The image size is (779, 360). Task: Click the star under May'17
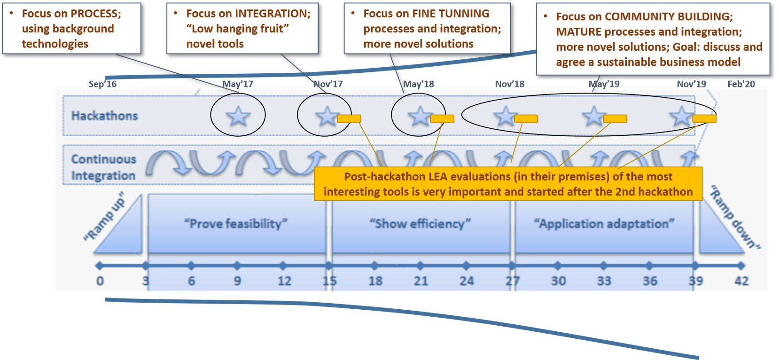[x=238, y=116]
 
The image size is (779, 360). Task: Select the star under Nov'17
[x=327, y=116]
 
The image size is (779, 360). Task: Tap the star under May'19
[x=594, y=116]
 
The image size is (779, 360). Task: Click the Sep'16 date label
[x=103, y=84]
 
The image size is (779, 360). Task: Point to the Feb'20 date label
[x=741, y=84]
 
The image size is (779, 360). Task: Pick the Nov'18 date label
[x=510, y=84]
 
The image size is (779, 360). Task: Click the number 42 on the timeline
[x=741, y=281]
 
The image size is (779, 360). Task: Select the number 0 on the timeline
[x=100, y=281]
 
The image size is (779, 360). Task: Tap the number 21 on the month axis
[x=421, y=281]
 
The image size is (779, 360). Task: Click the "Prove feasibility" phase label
[x=235, y=223]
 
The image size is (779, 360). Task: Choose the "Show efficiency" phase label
[x=420, y=223]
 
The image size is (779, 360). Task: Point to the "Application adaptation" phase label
[x=604, y=223]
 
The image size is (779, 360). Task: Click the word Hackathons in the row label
[x=105, y=116]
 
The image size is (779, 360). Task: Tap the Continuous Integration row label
[x=103, y=167]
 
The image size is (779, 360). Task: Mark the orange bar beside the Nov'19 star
[x=704, y=119]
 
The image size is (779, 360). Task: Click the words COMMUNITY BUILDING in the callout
[x=668, y=16]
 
